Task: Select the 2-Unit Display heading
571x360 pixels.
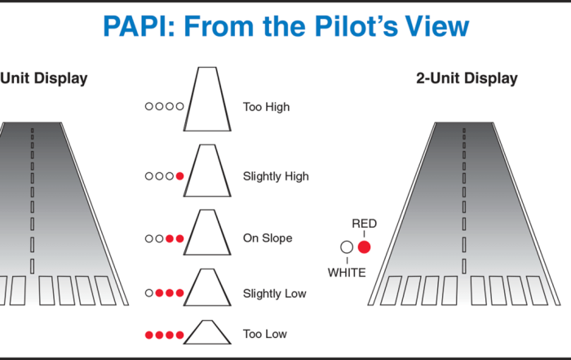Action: [466, 79]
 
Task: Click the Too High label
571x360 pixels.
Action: [266, 107]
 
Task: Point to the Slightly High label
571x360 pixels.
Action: [276, 176]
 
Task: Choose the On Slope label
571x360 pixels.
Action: [268, 238]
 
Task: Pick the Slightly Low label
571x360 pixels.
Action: [275, 293]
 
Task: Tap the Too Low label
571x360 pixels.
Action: [265, 334]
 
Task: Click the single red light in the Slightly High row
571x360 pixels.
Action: [179, 176]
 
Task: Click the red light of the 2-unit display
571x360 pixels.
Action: [364, 247]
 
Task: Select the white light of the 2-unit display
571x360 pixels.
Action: [347, 247]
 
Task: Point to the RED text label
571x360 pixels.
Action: [364, 223]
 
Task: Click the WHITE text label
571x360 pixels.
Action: [347, 273]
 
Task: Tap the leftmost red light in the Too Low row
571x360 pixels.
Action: [149, 335]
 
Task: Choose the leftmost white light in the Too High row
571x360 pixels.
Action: [149, 107]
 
